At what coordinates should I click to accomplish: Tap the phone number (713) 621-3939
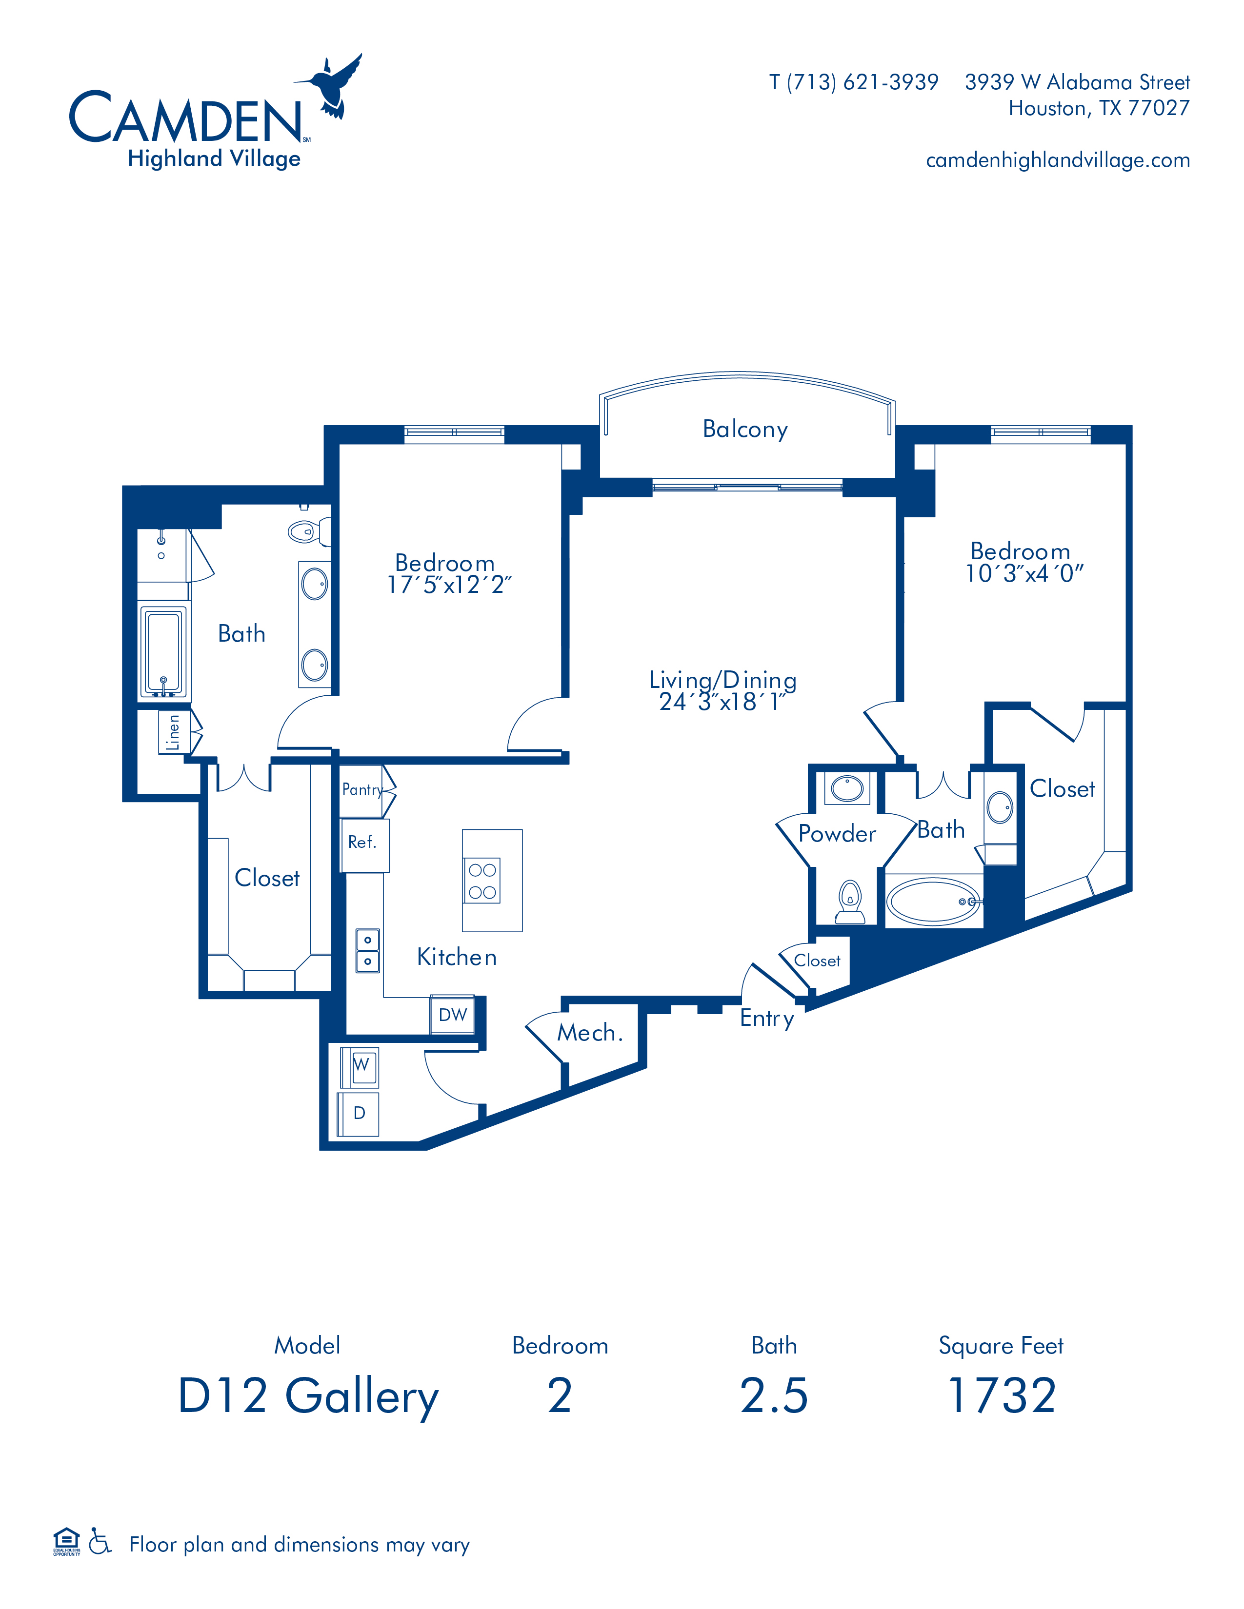863,82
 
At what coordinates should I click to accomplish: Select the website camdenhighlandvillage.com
1058,160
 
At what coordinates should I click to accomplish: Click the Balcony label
745,429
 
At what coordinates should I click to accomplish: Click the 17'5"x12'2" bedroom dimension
449,585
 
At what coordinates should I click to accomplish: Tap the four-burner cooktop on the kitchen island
482,881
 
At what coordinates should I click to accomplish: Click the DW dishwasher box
453,1015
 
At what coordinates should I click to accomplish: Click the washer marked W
361,1067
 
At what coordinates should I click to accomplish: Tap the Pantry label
362,790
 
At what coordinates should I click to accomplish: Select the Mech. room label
590,1033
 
